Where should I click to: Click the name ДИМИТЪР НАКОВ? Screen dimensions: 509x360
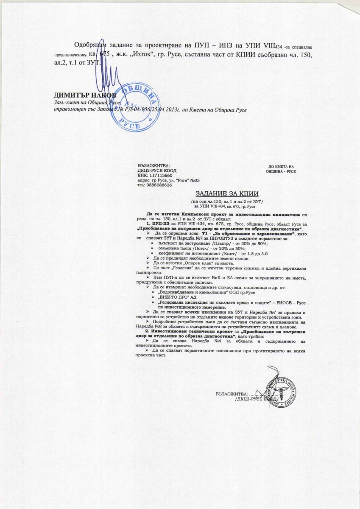(84, 95)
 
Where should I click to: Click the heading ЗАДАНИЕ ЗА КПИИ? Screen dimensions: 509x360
(221, 193)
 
